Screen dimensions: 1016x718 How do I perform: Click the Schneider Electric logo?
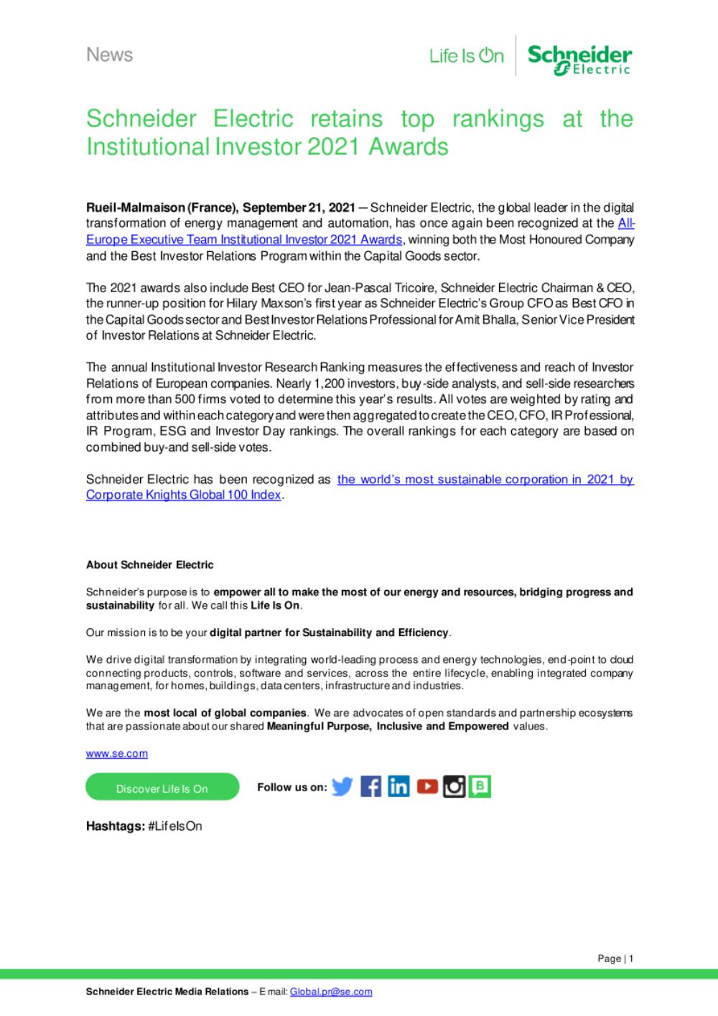pos(579,59)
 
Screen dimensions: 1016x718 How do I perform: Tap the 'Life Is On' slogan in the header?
pos(467,56)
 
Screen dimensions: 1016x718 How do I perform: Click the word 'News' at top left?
pos(109,55)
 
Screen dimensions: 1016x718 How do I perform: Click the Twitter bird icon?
pos(342,787)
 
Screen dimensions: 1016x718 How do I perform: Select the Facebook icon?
pos(370,787)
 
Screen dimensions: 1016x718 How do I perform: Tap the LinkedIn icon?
pos(398,787)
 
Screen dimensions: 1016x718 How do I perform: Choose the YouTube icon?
pos(426,787)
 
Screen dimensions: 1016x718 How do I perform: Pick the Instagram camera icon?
pos(454,787)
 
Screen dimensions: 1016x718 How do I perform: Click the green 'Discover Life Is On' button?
pos(162,788)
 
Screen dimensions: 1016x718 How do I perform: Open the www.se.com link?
pos(117,754)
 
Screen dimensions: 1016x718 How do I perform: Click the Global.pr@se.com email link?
pos(331,992)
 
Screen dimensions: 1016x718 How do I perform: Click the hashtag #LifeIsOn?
pos(174,826)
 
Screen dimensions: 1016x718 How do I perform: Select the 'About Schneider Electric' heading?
pos(149,565)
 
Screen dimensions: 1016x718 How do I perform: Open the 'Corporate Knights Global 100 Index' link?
pos(183,495)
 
